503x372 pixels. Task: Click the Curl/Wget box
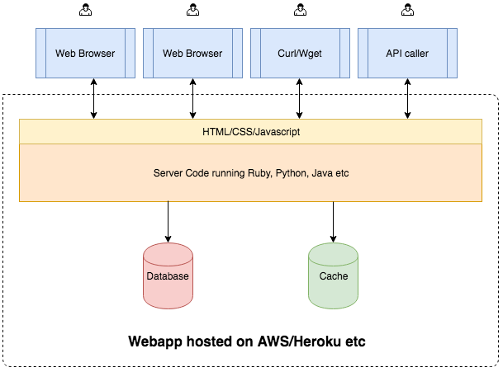(300, 53)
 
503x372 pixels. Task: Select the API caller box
(407, 53)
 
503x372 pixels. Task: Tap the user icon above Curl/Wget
(300, 10)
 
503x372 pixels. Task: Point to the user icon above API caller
(407, 10)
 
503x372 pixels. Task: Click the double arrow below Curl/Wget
(299, 99)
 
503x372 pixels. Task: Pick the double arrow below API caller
(407, 99)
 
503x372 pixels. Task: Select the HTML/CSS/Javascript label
(251, 132)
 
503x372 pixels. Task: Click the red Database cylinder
(168, 275)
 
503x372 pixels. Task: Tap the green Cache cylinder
(333, 275)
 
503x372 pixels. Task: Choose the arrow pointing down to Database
(168, 222)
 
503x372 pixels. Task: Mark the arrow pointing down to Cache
(333, 222)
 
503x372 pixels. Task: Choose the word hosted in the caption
(210, 341)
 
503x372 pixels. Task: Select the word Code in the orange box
(197, 173)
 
